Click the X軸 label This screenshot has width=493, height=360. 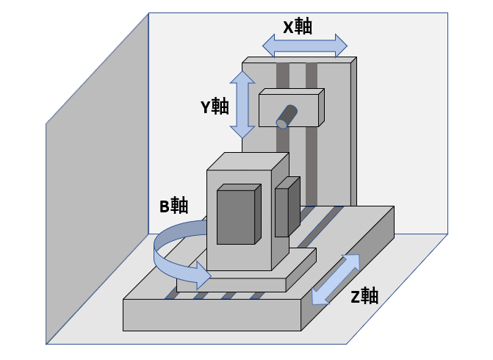(x=298, y=27)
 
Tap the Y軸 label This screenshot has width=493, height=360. (x=215, y=107)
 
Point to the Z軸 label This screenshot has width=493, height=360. (x=364, y=297)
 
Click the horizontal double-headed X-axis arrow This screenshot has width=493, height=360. (x=305, y=46)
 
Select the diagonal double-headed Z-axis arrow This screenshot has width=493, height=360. (x=336, y=279)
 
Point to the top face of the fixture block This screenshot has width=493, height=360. (x=246, y=162)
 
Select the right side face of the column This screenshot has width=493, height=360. (x=354, y=132)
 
